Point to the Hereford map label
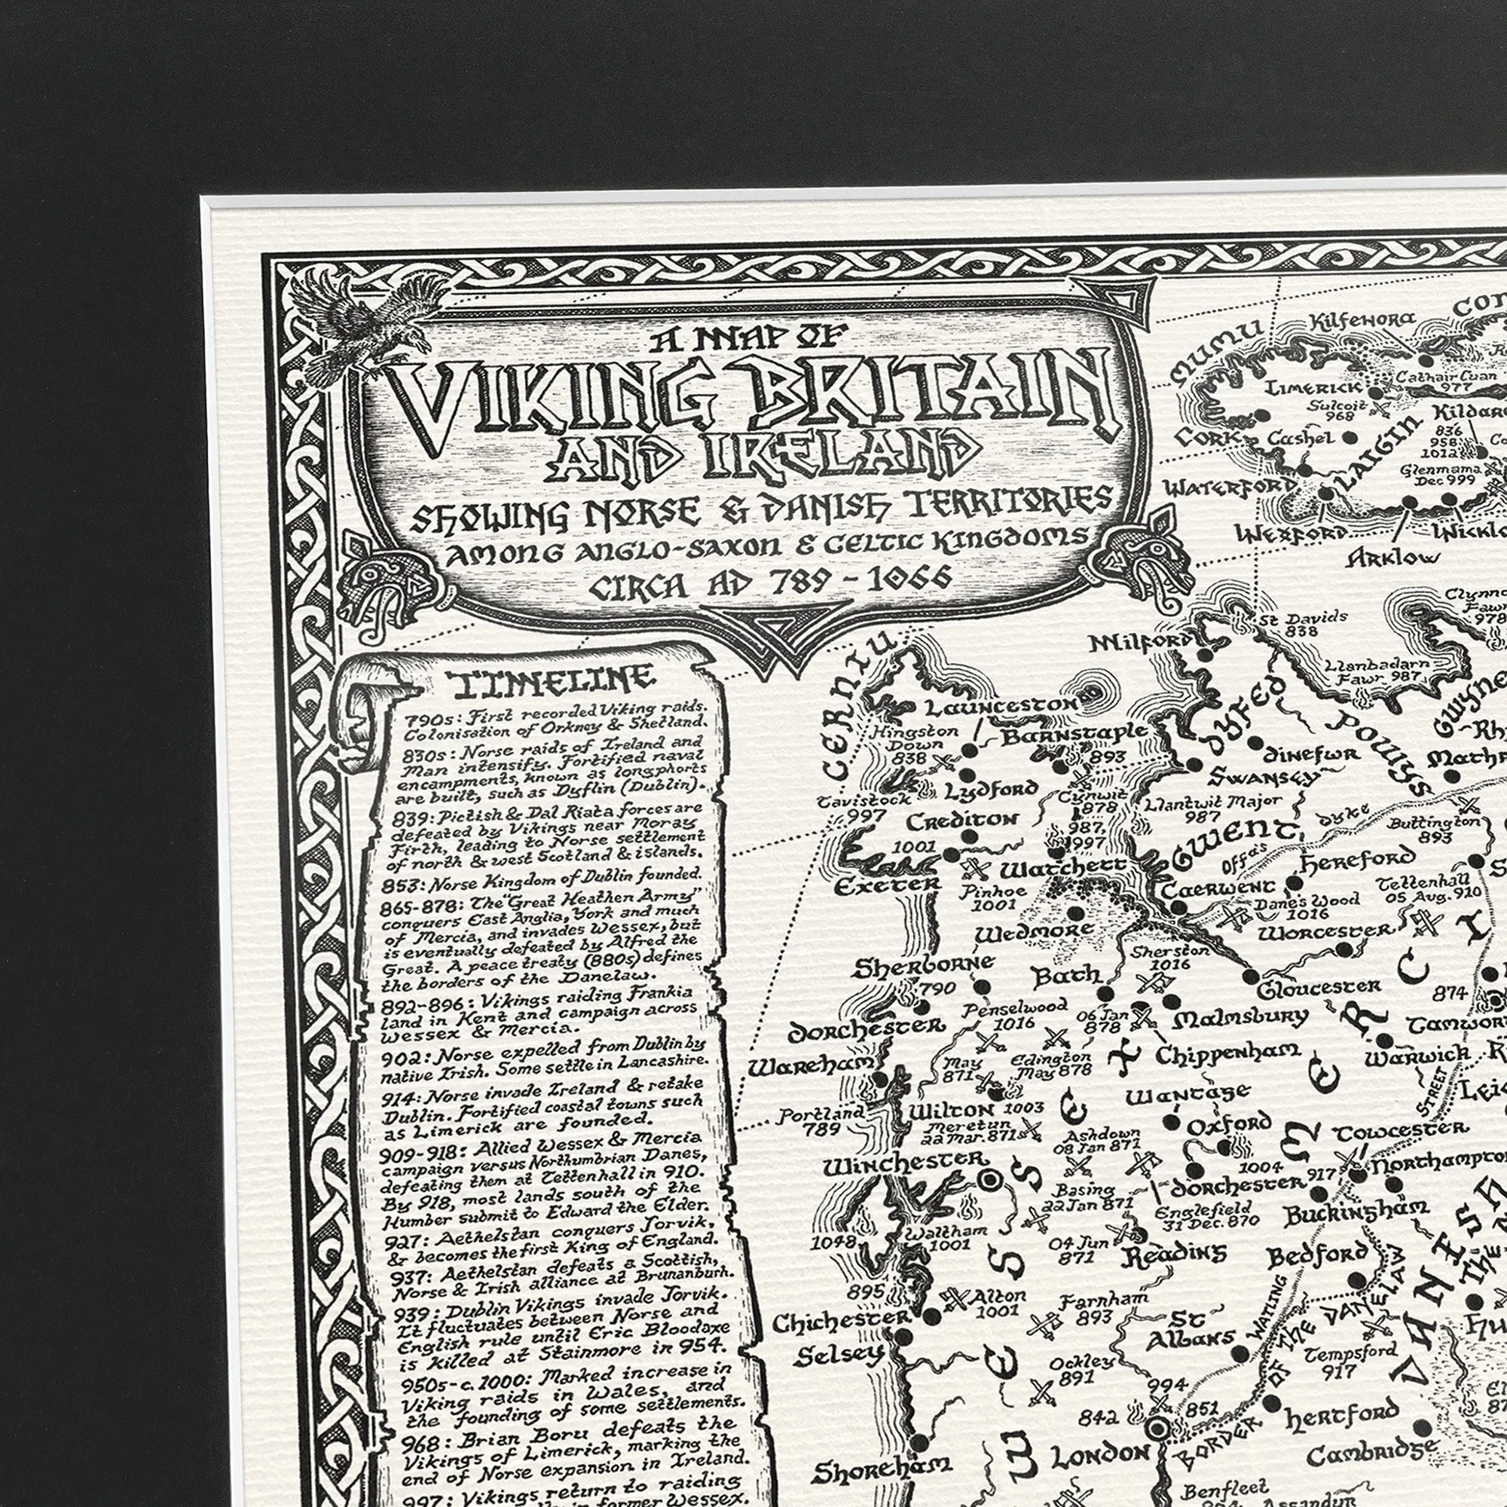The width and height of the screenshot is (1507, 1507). pyautogui.click(x=1357, y=860)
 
